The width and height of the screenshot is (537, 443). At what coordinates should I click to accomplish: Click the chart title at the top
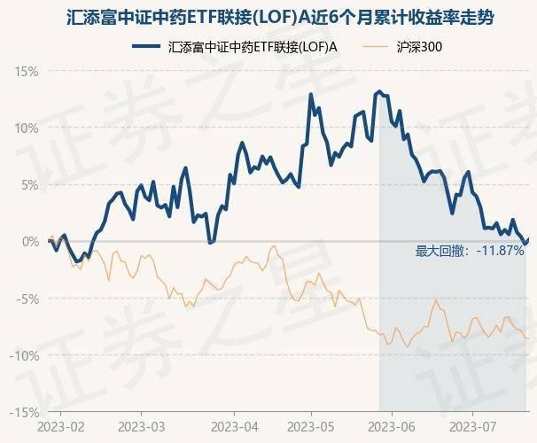coord(268,17)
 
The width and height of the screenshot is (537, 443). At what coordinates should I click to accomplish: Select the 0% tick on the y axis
coord(30,241)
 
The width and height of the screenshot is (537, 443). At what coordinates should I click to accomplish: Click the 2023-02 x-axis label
coord(62,428)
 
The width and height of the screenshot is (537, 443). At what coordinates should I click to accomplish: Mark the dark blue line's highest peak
coord(379,91)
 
